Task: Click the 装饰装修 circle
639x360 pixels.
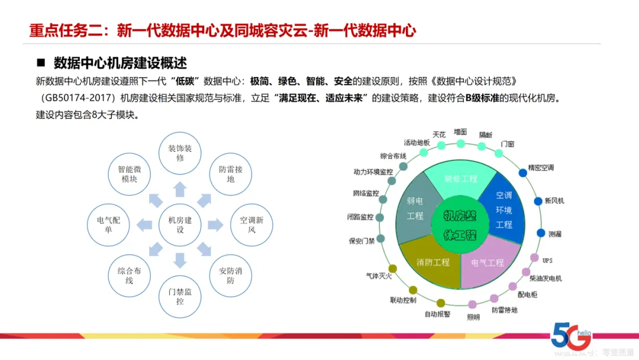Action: (x=180, y=153)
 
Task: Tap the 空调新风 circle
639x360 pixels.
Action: (x=251, y=224)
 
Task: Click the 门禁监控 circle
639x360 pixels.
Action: (x=180, y=296)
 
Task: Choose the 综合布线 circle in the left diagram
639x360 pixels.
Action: (x=129, y=275)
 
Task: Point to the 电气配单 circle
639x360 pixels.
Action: (x=108, y=224)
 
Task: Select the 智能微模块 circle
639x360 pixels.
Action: (x=129, y=173)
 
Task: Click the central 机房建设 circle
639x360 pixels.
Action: (x=180, y=224)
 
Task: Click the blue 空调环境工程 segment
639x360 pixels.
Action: (x=504, y=210)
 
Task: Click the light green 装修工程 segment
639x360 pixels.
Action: (x=460, y=178)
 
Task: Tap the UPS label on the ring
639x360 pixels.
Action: (x=547, y=260)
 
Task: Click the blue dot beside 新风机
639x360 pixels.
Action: (x=538, y=201)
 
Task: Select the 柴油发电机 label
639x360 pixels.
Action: (x=546, y=278)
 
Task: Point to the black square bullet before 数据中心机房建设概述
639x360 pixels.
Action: (x=41, y=63)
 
